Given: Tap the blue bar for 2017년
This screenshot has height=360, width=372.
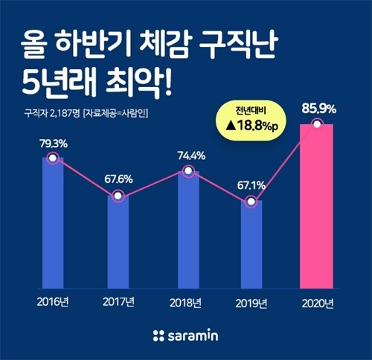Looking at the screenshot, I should click(x=118, y=242).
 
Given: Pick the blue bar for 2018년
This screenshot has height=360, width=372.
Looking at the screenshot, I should click(x=188, y=231).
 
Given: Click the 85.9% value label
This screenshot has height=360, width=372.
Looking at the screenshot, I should click(x=318, y=109).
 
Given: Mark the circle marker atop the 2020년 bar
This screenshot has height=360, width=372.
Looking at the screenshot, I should click(x=318, y=124).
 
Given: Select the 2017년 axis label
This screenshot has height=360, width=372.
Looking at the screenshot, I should click(x=118, y=302).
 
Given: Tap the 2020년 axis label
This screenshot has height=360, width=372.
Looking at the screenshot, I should click(x=317, y=302).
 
